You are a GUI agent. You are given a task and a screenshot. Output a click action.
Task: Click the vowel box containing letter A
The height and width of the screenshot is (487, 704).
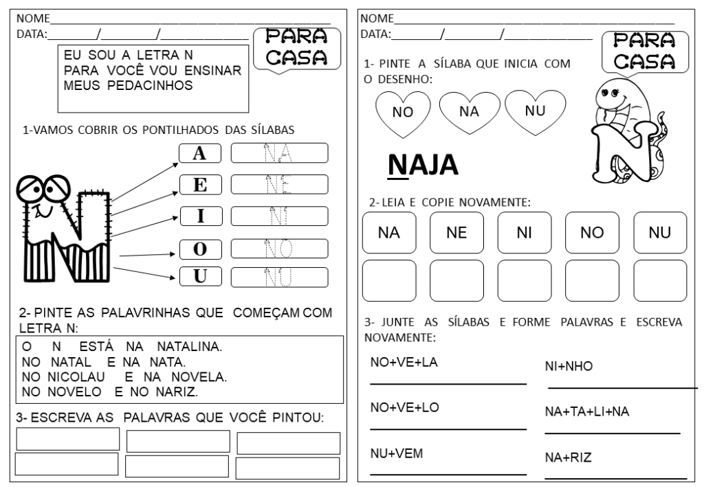pyautogui.click(x=200, y=154)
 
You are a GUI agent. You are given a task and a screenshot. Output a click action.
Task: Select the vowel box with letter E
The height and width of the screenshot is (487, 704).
pyautogui.click(x=200, y=185)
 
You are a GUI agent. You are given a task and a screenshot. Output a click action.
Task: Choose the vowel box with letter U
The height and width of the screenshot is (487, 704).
pyautogui.click(x=200, y=277)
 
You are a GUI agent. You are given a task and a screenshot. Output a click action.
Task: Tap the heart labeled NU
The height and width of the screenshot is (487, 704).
pyautogui.click(x=534, y=110)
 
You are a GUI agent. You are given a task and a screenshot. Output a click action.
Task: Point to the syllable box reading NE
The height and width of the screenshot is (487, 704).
pyautogui.click(x=456, y=234)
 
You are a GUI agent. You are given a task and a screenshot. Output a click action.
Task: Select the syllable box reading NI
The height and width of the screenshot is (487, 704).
pyautogui.click(x=524, y=234)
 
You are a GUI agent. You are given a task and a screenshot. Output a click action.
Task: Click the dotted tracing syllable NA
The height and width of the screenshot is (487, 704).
pyautogui.click(x=279, y=152)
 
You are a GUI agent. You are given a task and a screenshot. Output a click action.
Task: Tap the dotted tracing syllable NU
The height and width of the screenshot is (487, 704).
pyautogui.click(x=279, y=277)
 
